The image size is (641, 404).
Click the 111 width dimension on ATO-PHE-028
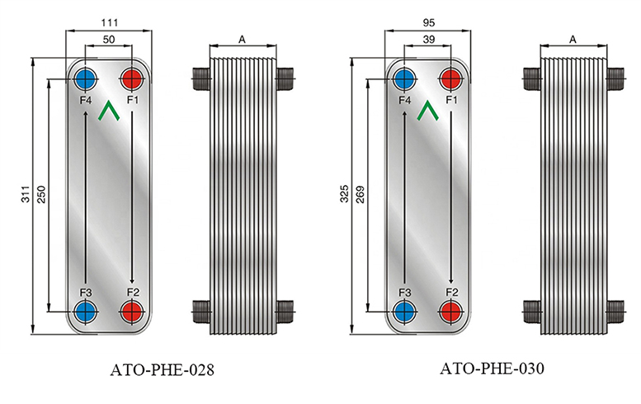point(109,22)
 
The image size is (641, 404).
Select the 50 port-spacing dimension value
point(109,40)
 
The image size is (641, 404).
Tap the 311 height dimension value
point(26,193)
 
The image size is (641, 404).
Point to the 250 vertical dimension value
point(41,194)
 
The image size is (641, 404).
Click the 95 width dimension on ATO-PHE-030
point(428,22)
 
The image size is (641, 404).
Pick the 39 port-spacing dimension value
point(428,40)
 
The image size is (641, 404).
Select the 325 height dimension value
point(344,193)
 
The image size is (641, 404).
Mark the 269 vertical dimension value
point(360,194)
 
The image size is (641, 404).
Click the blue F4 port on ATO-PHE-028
point(86,78)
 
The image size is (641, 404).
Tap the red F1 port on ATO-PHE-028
point(133,78)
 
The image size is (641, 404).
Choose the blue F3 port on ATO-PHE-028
point(86,311)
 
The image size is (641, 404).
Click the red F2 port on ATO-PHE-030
point(451,311)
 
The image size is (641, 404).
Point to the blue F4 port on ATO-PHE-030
point(404,78)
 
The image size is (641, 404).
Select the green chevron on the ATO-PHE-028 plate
point(109,111)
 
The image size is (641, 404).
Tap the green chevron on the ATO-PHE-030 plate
point(427,111)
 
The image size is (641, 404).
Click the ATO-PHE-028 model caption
point(162,370)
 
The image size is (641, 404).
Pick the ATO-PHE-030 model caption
point(492,368)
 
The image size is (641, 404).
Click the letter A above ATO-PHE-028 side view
point(242,40)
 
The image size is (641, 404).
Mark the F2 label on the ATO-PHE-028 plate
point(133,292)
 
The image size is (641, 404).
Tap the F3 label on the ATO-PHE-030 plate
point(404,292)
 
